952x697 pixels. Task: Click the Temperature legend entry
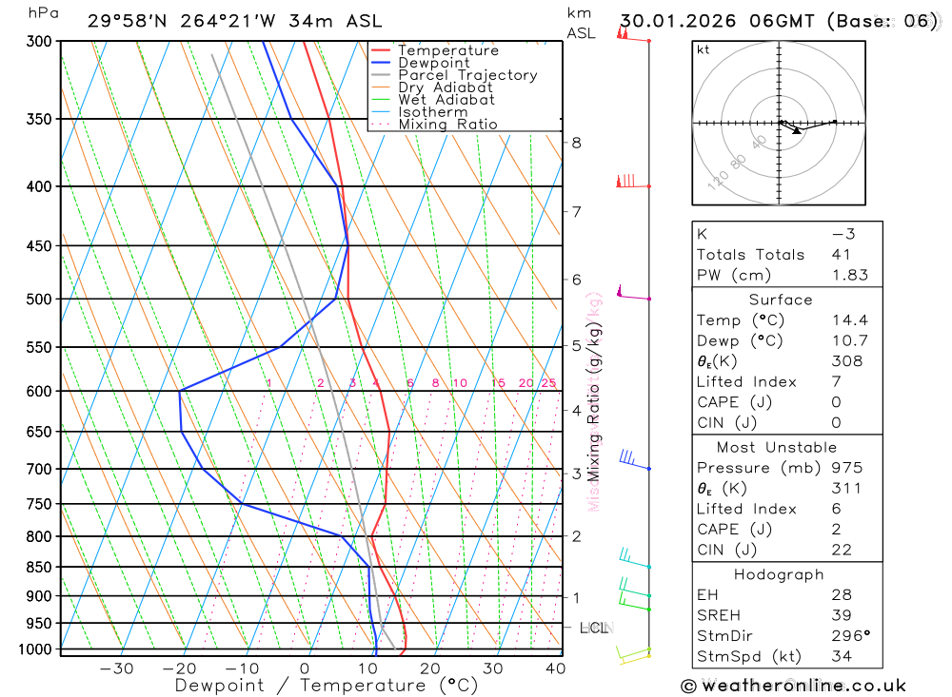click(447, 50)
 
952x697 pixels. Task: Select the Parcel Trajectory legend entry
click(467, 75)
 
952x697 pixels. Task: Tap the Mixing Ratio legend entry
click(447, 125)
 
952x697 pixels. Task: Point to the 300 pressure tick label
click(39, 42)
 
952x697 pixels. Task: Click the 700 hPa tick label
click(39, 469)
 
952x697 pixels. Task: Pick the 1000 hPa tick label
click(35, 649)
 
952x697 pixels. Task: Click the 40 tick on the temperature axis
click(554, 668)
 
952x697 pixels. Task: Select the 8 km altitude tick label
click(577, 143)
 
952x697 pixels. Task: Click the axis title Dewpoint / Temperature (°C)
click(327, 685)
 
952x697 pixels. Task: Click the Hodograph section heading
click(779, 574)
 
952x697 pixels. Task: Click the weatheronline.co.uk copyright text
click(793, 686)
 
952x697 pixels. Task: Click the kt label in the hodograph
click(704, 49)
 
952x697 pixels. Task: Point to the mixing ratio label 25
click(548, 383)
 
